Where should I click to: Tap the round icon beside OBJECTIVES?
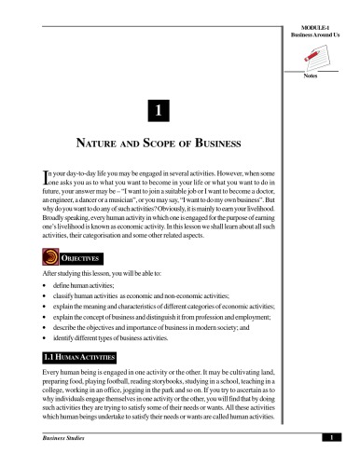click(x=42, y=256)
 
